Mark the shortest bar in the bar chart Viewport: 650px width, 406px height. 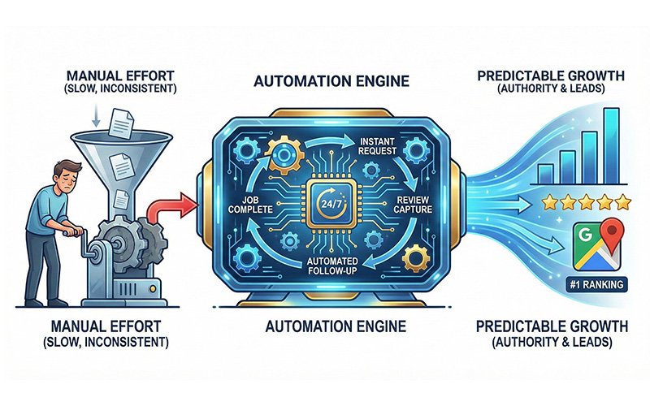[x=547, y=173]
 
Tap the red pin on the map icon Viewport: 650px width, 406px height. [x=615, y=234]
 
